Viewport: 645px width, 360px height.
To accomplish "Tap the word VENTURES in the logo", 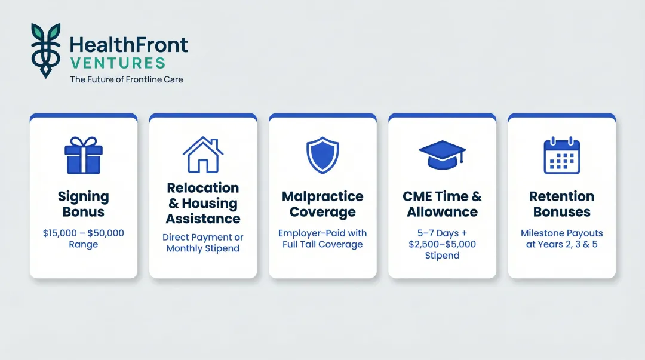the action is pyautogui.click(x=118, y=63).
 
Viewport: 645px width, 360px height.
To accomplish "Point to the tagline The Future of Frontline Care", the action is pyautogui.click(x=126, y=79).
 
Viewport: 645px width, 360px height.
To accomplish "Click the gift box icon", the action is pyautogui.click(x=84, y=155).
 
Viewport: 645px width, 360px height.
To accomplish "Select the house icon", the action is pyautogui.click(x=203, y=154).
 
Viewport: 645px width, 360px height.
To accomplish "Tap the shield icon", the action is pyautogui.click(x=322, y=155).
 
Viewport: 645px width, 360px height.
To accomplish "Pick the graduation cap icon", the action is pyautogui.click(x=442, y=155).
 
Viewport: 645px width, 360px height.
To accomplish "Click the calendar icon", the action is pyautogui.click(x=562, y=155).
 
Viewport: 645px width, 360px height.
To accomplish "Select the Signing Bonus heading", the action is pyautogui.click(x=84, y=204).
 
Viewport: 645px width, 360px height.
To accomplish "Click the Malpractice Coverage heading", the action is pyautogui.click(x=322, y=204).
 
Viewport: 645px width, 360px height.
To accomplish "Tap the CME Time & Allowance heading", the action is pyautogui.click(x=442, y=204).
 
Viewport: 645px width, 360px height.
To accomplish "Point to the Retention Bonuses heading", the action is pyautogui.click(x=562, y=204).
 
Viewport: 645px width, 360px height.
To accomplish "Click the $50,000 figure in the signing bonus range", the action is pyautogui.click(x=106, y=233).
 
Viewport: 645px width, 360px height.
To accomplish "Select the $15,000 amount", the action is pyautogui.click(x=60, y=233).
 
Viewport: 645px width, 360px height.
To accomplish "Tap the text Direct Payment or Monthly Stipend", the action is pyautogui.click(x=203, y=243).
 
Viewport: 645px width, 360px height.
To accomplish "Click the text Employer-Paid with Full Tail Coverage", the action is pyautogui.click(x=322, y=239).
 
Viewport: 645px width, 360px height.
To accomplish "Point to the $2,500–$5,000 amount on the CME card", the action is pyautogui.click(x=442, y=244).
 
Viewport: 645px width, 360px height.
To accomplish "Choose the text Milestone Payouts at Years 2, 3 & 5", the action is pyautogui.click(x=562, y=239).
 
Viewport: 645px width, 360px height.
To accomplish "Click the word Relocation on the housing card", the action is pyautogui.click(x=203, y=188).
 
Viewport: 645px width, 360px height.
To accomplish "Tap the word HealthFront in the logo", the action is pyautogui.click(x=129, y=45).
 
